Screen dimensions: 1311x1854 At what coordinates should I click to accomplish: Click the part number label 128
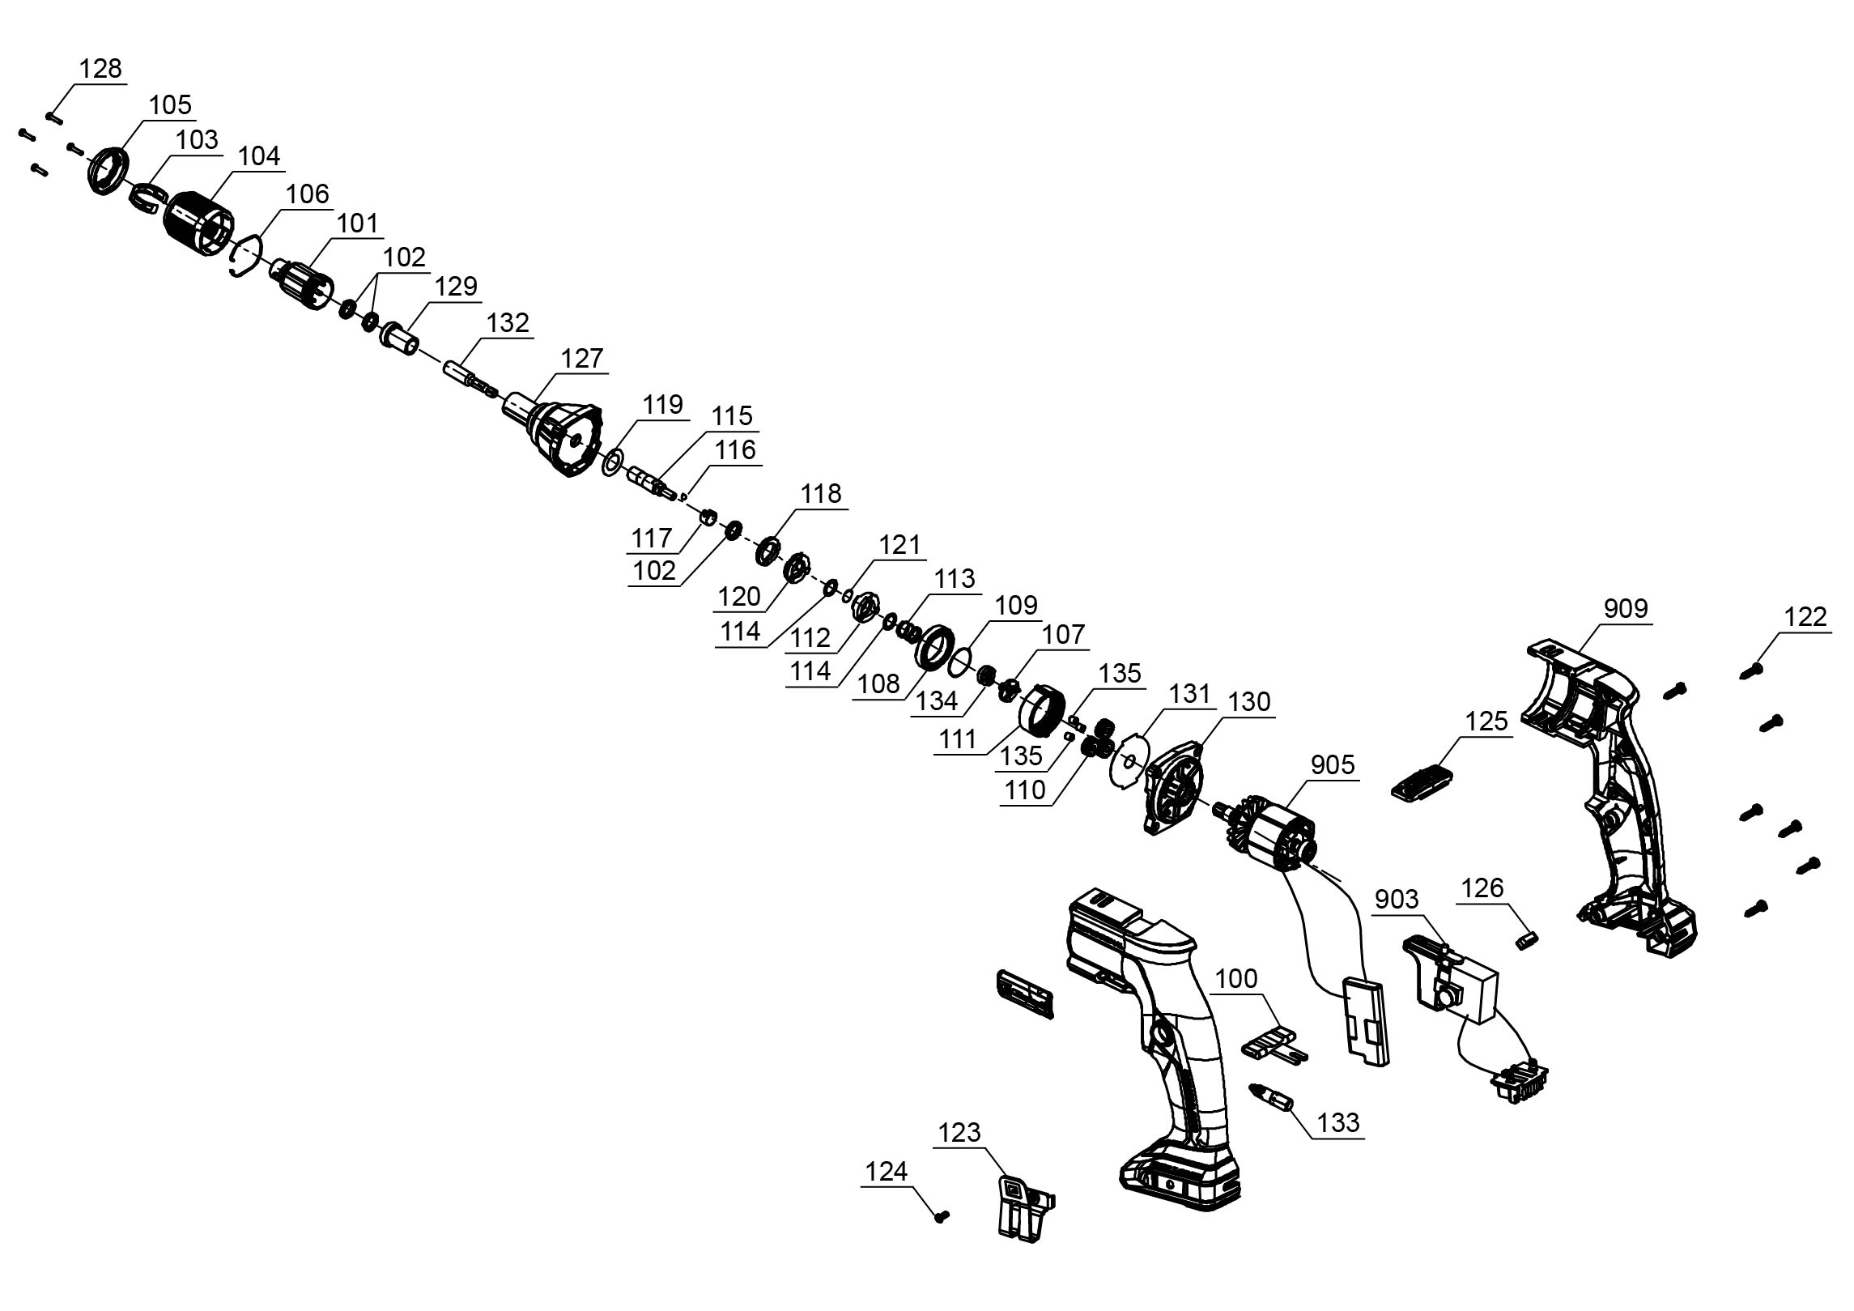click(100, 69)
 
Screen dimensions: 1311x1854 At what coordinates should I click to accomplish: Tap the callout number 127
click(583, 358)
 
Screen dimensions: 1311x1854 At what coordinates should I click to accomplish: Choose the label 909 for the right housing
click(1625, 608)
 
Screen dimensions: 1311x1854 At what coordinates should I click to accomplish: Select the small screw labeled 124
click(941, 1238)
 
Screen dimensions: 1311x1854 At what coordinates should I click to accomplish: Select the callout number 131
click(1189, 694)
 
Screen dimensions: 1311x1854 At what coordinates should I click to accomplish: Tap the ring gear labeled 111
click(1038, 713)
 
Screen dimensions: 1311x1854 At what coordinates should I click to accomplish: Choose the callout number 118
click(821, 493)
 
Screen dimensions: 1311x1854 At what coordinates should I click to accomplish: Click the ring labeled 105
click(108, 171)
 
